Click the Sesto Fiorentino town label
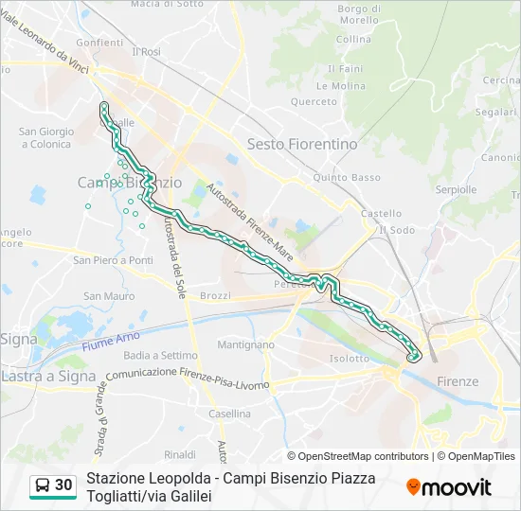pos(302,144)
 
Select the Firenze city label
pos(458,380)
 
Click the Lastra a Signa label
pos(48,376)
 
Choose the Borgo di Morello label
pos(358,14)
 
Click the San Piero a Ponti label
pos(113,260)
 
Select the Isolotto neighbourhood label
pos(349,359)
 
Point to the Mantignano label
pos(245,345)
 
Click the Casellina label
pos(229,414)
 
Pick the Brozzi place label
pos(216,296)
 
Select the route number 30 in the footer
pos(63,485)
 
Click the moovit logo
pos(449,486)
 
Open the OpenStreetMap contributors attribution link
pos(358,456)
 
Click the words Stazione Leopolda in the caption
pos(146,478)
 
